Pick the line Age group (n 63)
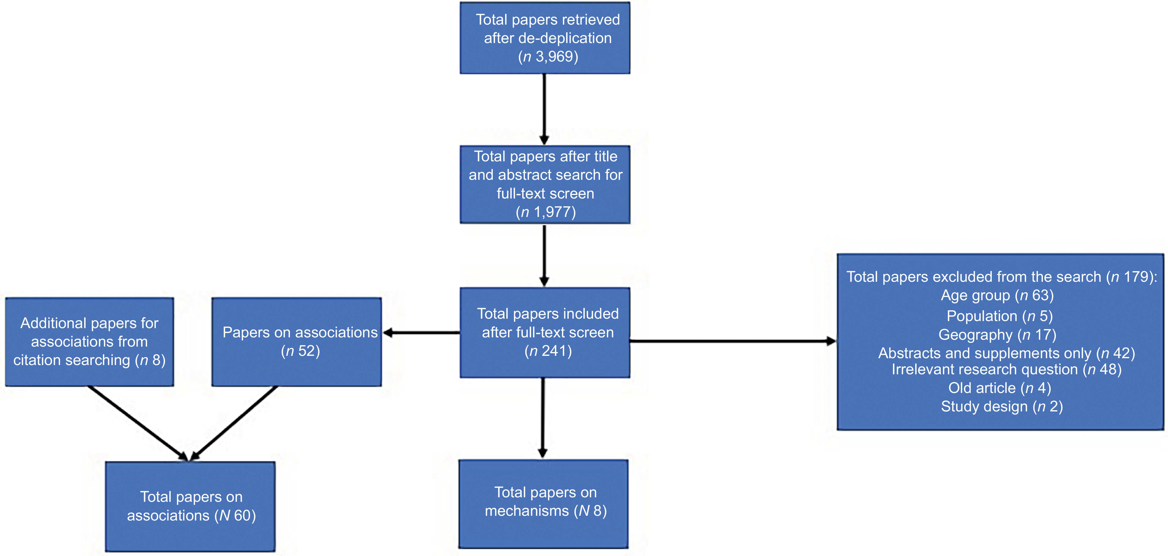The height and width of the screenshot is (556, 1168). [x=997, y=296]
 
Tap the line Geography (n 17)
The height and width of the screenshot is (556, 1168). [x=997, y=335]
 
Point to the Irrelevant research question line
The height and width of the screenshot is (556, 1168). [x=1006, y=370]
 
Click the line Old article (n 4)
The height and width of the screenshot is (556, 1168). [x=999, y=388]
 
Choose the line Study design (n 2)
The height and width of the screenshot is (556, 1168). [x=1002, y=406]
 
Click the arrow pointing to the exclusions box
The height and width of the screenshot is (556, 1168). [x=732, y=341]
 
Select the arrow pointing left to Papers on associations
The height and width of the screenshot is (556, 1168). [x=422, y=333]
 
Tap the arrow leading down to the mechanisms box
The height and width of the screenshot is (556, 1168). [x=543, y=417]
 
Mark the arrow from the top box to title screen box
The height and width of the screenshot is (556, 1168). [x=544, y=109]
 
